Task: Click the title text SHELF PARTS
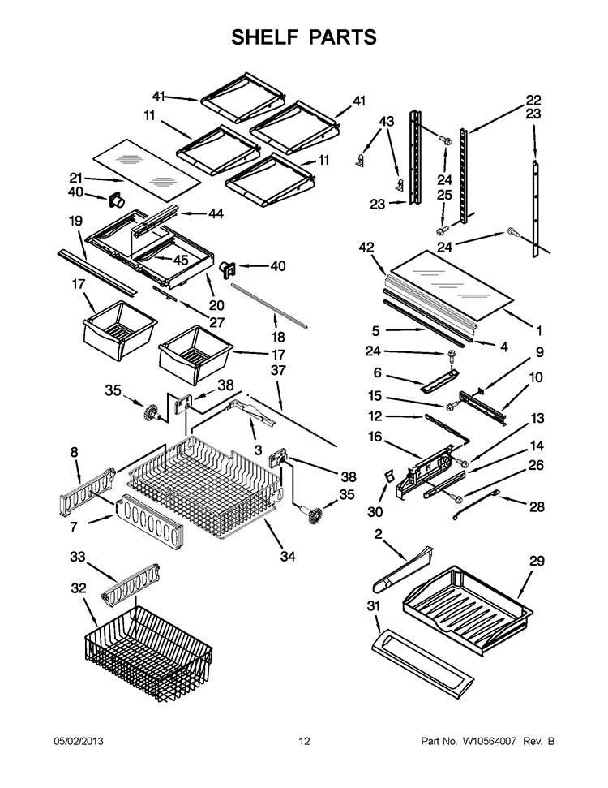tap(304, 37)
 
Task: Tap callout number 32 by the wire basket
tap(77, 588)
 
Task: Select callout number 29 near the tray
tap(537, 560)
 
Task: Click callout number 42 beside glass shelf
tap(366, 247)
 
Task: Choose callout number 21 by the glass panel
tap(75, 178)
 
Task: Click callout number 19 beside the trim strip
tap(75, 220)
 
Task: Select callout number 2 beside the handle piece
tap(379, 532)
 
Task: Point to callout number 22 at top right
tap(533, 100)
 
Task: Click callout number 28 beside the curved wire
tap(537, 507)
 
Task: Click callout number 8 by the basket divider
tap(75, 452)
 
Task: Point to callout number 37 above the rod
tap(279, 369)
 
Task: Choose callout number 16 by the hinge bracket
tap(375, 437)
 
